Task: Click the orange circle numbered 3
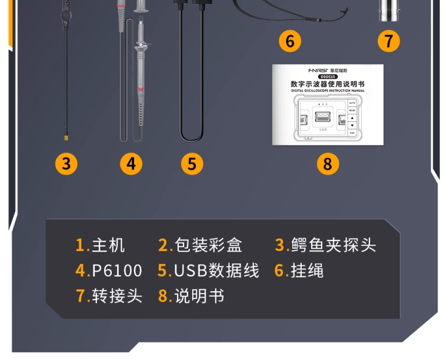tap(66, 164)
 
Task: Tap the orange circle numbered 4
tap(131, 164)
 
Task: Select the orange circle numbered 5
tap(192, 164)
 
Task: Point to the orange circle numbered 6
tap(289, 41)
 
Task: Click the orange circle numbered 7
tap(388, 41)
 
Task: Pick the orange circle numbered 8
tap(328, 164)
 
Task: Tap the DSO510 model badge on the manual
tap(328, 76)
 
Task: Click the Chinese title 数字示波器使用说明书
tap(328, 84)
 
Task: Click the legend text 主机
tap(109, 245)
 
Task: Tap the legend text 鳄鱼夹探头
tap(333, 245)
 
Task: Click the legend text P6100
tap(117, 271)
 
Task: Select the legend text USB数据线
tap(216, 271)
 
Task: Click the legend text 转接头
tap(117, 295)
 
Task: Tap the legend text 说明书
tap(199, 295)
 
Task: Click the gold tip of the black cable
tap(66, 138)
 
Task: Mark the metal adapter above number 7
tap(388, 9)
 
